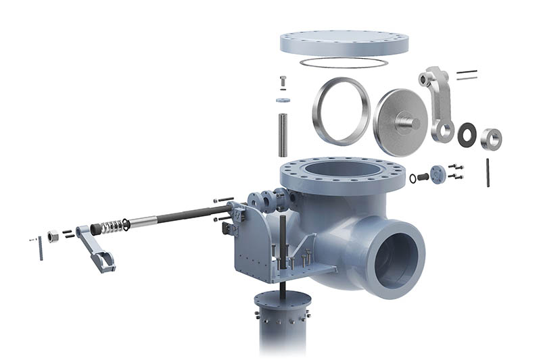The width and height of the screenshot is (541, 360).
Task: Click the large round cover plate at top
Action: pos(344,43)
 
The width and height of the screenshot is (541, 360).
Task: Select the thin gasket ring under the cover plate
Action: pos(344,63)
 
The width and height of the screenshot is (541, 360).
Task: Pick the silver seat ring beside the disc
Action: pos(342,111)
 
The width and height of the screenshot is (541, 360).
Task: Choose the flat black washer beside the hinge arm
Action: pos(467,134)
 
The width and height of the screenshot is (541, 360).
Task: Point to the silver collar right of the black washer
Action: pos(491,138)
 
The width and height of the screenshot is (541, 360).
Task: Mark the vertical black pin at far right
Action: pos(488,172)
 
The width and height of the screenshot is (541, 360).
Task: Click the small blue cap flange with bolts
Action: pos(438,174)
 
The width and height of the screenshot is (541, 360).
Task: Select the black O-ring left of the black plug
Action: pos(413,178)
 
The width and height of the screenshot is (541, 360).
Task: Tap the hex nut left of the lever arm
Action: pos(52,238)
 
